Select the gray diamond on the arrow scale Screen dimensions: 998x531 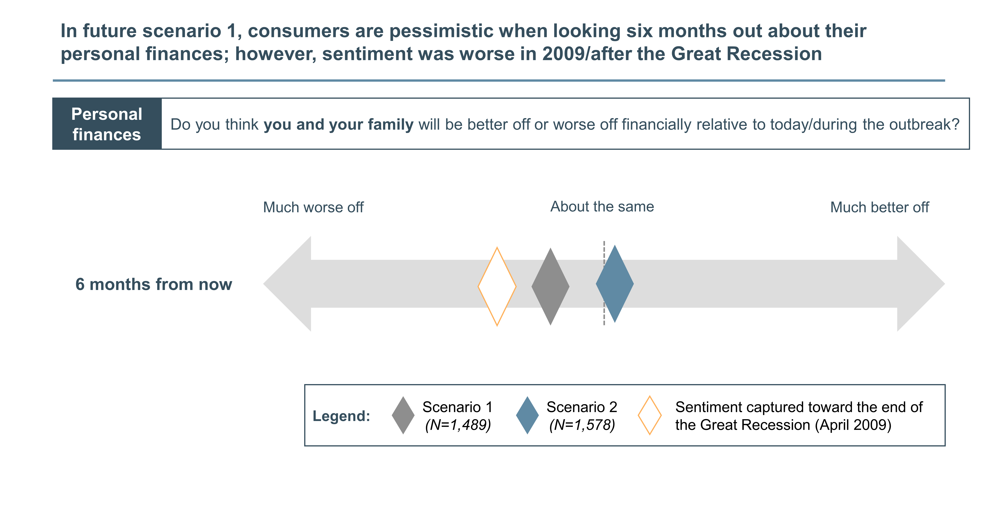tap(551, 286)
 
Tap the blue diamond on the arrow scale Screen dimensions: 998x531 tap(615, 284)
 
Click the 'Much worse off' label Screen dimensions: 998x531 tap(313, 208)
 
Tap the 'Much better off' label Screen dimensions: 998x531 tap(879, 208)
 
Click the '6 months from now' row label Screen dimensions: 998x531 tap(154, 284)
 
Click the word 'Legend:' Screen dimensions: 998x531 tap(341, 416)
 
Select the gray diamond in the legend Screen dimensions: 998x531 tap(403, 415)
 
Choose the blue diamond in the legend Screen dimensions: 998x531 tap(527, 415)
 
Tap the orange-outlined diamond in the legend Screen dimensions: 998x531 tap(650, 415)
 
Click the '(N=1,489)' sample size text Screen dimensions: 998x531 tap(458, 425)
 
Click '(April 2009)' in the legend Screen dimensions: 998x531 tap(853, 425)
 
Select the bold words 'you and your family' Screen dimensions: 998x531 tap(339, 125)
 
